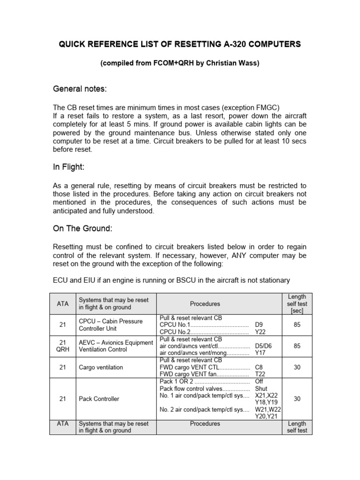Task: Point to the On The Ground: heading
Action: click(82, 229)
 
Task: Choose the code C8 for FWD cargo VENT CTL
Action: click(259, 367)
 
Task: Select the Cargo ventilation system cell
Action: click(101, 367)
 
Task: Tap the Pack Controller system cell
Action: click(99, 399)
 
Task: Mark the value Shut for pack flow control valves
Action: click(261, 389)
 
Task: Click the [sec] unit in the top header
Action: click(297, 311)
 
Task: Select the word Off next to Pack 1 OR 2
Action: click(259, 382)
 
